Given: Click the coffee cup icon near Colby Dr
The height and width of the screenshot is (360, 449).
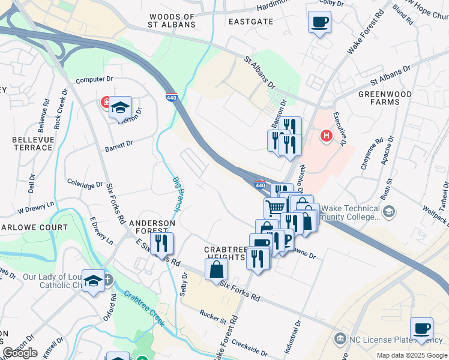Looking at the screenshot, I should [x=319, y=23].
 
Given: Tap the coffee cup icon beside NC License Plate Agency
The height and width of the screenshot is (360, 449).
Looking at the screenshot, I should [x=421, y=328].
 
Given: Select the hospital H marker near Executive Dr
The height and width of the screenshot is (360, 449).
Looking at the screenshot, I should [x=327, y=136].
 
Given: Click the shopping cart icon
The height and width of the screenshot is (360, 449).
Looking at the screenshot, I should [x=275, y=208].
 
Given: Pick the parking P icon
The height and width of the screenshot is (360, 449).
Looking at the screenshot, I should [x=286, y=240].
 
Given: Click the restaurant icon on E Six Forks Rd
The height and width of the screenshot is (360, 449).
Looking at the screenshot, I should [x=161, y=244].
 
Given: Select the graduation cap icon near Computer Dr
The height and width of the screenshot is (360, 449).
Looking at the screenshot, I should [x=120, y=107].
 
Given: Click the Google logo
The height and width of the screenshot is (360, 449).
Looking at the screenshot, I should [x=20, y=353].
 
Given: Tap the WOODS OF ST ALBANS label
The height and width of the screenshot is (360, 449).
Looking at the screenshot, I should [x=172, y=20].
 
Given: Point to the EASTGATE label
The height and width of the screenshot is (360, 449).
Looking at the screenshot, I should [x=251, y=21].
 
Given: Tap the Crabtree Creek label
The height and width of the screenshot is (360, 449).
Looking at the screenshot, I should [x=145, y=308].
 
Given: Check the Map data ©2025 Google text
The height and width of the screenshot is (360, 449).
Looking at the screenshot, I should [x=412, y=355].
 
